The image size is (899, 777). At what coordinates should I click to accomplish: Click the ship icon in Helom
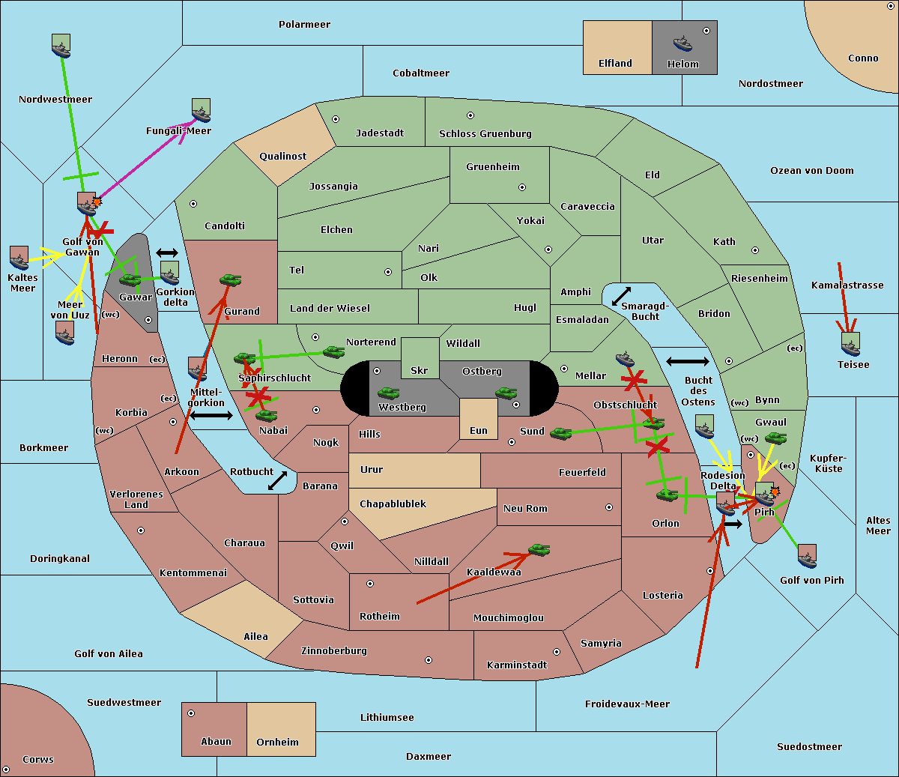(682, 43)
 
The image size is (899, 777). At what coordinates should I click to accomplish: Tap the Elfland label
(615, 64)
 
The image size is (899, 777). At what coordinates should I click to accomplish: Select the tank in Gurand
(230, 279)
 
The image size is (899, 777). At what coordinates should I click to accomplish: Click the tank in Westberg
(388, 393)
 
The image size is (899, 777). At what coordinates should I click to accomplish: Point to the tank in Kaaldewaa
(539, 550)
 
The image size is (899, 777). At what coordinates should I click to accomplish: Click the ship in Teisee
(850, 345)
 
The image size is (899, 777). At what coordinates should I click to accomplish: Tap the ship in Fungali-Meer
(201, 110)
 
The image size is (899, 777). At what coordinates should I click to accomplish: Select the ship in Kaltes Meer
(19, 258)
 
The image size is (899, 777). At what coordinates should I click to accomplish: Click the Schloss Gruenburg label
(485, 134)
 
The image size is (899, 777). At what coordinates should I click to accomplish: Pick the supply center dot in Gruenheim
(522, 187)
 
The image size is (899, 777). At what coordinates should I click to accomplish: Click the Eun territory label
(479, 431)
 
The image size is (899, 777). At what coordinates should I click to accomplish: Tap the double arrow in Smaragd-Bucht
(621, 296)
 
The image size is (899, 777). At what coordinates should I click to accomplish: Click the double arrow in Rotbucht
(277, 481)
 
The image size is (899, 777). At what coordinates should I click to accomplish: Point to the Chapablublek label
(393, 504)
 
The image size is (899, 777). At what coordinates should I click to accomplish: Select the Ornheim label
(277, 743)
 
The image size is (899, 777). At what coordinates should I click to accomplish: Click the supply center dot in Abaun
(191, 713)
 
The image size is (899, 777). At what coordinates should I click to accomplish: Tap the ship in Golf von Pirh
(808, 557)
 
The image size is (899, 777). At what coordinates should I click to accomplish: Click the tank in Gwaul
(775, 438)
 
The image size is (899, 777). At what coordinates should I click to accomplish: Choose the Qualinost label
(282, 156)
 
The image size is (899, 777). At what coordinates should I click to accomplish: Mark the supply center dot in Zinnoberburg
(429, 660)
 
